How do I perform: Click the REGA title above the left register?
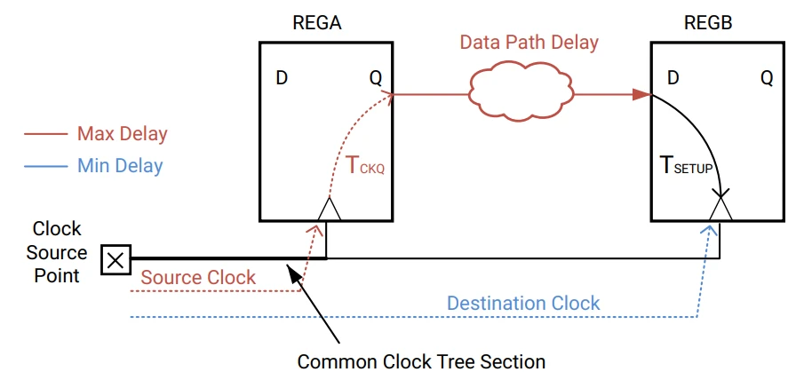(317, 23)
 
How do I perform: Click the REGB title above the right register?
(708, 23)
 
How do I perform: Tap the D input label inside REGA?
(281, 78)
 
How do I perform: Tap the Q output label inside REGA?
(376, 78)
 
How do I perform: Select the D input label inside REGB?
(673, 78)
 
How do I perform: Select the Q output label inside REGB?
(766, 78)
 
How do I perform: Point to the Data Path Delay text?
(529, 43)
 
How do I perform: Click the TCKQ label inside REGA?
(364, 165)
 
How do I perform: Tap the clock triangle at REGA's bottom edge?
(328, 210)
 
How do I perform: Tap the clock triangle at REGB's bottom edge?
(720, 210)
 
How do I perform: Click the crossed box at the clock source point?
(115, 260)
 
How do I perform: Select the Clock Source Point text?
(57, 252)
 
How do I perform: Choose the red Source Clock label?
(198, 277)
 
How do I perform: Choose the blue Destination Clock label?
(523, 303)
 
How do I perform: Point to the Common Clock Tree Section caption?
(420, 360)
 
